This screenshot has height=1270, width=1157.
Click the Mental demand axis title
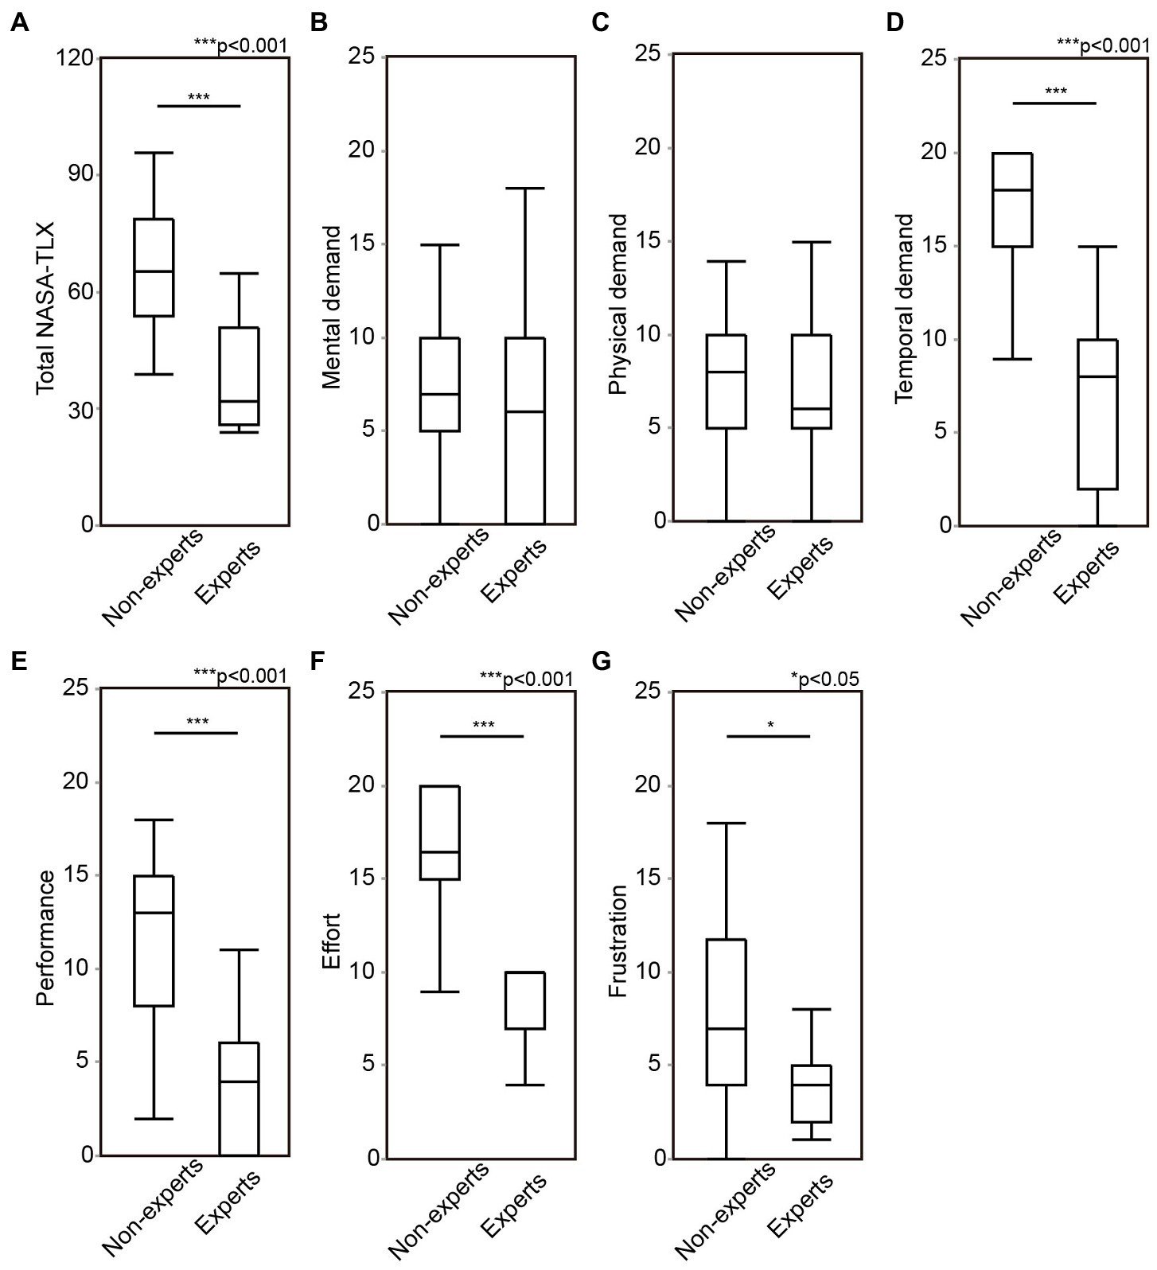point(332,307)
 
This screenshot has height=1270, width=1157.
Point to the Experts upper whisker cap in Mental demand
point(524,189)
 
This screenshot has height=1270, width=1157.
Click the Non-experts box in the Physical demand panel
point(726,382)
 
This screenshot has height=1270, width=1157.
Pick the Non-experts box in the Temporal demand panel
point(1012,200)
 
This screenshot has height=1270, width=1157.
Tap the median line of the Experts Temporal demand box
point(1098,376)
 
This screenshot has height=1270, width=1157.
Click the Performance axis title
point(46,937)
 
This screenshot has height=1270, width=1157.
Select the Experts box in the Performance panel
point(239,1098)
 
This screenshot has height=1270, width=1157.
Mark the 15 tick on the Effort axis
point(363,879)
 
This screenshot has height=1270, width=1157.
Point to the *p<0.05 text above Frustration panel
point(824,678)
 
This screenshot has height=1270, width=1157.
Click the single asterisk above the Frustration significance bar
point(770,725)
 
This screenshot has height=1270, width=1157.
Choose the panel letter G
point(602,662)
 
